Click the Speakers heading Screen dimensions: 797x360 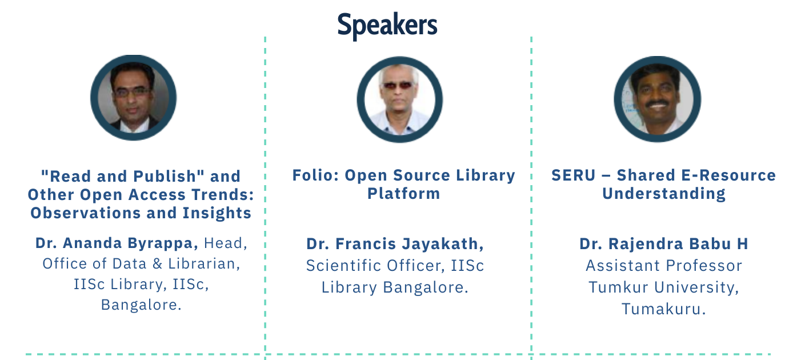coord(387,26)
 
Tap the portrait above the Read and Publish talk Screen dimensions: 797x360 coord(134,98)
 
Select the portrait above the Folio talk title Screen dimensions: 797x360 coord(399,99)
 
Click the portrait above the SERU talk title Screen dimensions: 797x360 coord(657,99)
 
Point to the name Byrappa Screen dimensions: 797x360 coord(163,243)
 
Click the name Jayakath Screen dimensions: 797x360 coord(443,244)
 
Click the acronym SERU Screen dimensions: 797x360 coord(573,175)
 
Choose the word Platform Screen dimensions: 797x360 coord(403,194)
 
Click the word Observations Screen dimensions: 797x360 coord(86,213)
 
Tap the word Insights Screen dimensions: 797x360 coord(217,214)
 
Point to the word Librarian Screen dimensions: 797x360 coord(204,264)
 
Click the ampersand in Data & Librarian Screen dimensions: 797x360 coord(157,264)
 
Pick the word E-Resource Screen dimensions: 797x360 coord(732,175)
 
